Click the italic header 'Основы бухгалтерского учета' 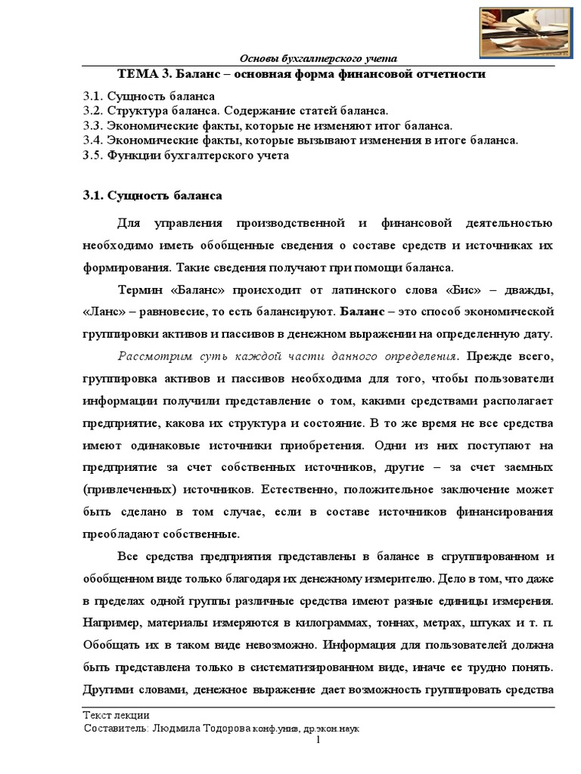[318, 59]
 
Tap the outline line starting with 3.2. [235, 111]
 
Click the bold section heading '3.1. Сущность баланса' [152, 196]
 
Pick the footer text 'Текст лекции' [115, 714]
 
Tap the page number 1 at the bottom [318, 740]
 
